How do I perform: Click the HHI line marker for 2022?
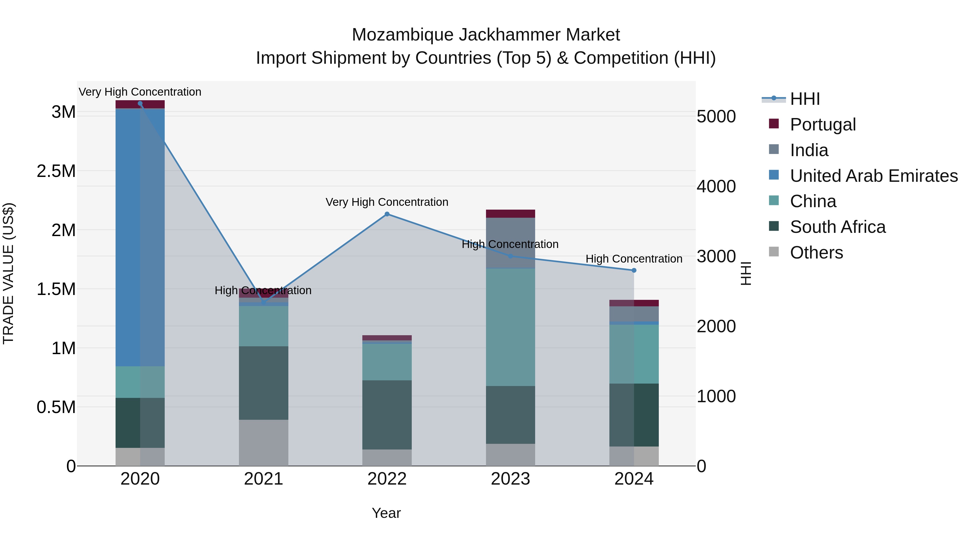[x=387, y=214]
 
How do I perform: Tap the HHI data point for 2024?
[x=634, y=270]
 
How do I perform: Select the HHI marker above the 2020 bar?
[x=140, y=103]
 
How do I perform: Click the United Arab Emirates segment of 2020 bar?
[x=140, y=237]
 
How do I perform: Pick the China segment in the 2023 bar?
[x=510, y=327]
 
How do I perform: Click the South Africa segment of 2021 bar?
[x=263, y=383]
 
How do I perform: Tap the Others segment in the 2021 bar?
[x=263, y=442]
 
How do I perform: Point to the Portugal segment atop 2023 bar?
[x=510, y=214]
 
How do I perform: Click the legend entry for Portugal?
[x=823, y=125]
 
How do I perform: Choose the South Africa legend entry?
[x=837, y=227]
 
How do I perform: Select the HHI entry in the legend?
[x=805, y=99]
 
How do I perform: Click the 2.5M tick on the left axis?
[x=56, y=171]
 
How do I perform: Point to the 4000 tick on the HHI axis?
[x=716, y=186]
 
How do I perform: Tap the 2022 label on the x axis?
[x=387, y=479]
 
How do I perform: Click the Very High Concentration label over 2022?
[x=387, y=202]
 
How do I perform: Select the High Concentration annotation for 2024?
[x=634, y=259]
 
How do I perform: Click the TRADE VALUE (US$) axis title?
[x=9, y=273]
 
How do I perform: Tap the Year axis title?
[x=386, y=513]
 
